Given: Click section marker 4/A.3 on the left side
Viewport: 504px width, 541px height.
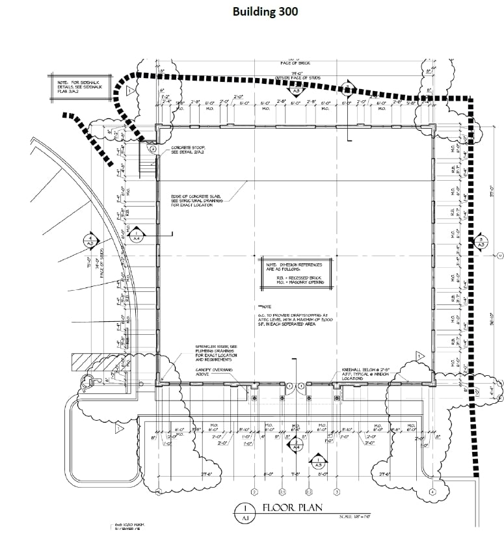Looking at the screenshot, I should pyautogui.click(x=90, y=239).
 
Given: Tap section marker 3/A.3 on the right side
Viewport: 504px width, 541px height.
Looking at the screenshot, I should pyautogui.click(x=480, y=243).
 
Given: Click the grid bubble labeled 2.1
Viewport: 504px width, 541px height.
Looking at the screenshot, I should pyautogui.click(x=282, y=492).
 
